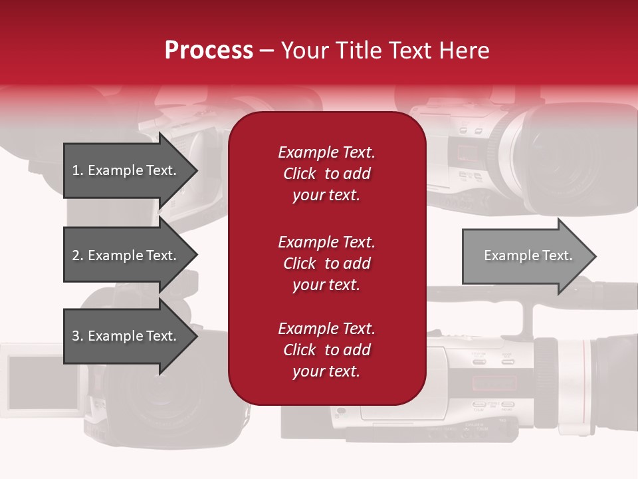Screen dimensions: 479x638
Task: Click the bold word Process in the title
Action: point(209,51)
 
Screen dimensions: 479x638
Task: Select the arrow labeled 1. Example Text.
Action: point(126,170)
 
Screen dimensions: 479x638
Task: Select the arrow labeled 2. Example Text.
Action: point(126,255)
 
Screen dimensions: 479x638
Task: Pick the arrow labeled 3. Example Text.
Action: point(126,336)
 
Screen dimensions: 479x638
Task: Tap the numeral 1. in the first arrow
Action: point(78,170)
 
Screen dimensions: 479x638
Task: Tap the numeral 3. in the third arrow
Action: point(78,336)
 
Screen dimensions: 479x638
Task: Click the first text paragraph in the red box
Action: point(326,174)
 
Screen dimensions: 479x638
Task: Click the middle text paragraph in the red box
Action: point(326,263)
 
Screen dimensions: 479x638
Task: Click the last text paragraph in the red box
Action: point(326,350)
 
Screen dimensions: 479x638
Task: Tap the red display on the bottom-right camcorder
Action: point(493,383)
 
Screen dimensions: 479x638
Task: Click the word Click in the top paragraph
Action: point(300,174)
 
